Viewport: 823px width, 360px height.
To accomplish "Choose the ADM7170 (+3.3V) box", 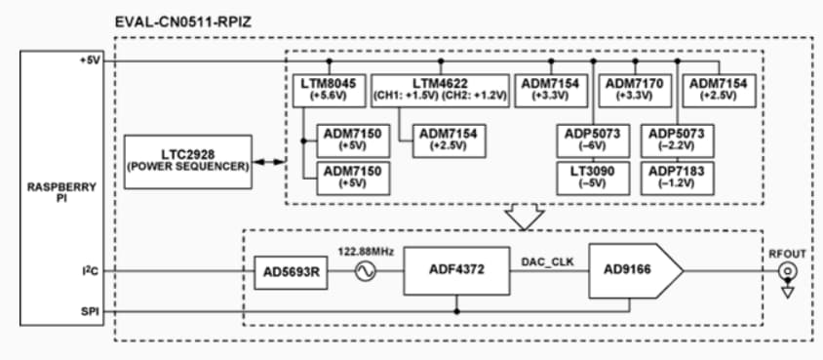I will (x=634, y=91).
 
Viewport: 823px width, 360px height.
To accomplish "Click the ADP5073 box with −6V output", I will (x=593, y=139).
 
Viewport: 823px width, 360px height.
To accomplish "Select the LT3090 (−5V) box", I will (x=593, y=176).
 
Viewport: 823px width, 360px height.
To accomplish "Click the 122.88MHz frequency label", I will (x=367, y=251).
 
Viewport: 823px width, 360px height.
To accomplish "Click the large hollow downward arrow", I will (x=527, y=218).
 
